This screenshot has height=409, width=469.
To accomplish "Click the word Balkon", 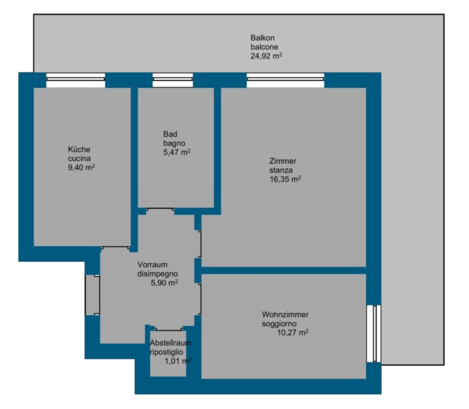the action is pyautogui.click(x=262, y=38).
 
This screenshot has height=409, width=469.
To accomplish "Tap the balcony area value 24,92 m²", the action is pyautogui.click(x=267, y=56).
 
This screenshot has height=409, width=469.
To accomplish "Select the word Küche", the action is pyautogui.click(x=79, y=149).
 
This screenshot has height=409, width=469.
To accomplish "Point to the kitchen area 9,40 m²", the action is pyautogui.click(x=81, y=167).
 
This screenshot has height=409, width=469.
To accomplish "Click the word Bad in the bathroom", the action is pyautogui.click(x=170, y=134).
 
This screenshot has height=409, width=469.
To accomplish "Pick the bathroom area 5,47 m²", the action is pyautogui.click(x=177, y=152).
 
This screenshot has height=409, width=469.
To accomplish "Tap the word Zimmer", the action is pyautogui.click(x=283, y=161).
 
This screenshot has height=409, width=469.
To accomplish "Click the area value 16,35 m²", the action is pyautogui.click(x=285, y=179).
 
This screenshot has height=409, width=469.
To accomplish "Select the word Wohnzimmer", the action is pyautogui.click(x=285, y=314).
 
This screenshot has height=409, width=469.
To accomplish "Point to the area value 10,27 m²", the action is pyautogui.click(x=292, y=333).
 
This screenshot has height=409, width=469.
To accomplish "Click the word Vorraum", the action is pyautogui.click(x=152, y=264).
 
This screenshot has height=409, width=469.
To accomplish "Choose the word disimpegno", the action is pyautogui.click(x=157, y=273).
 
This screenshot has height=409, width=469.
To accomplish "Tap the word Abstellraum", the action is pyautogui.click(x=170, y=343).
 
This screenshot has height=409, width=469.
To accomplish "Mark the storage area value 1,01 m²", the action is pyautogui.click(x=178, y=361).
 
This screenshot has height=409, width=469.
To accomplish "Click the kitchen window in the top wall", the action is pyautogui.click(x=76, y=80).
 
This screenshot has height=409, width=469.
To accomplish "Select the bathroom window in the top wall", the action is pyautogui.click(x=172, y=80).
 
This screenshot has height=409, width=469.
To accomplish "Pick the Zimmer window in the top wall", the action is pyautogui.click(x=286, y=80).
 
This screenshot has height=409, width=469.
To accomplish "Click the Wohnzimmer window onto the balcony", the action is pyautogui.click(x=374, y=333).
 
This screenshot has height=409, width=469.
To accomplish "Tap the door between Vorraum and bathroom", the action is pyautogui.click(x=160, y=209).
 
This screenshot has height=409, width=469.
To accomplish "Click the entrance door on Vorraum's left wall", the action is pyautogui.click(x=93, y=295).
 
